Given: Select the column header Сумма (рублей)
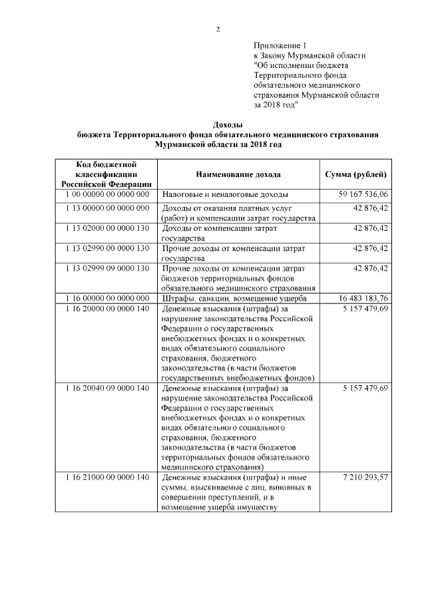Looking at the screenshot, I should tap(355, 174).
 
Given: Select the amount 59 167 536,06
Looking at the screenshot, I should tap(363, 194).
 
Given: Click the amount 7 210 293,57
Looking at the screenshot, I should tap(363, 478).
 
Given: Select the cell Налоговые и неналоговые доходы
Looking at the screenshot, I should tap(226, 194).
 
